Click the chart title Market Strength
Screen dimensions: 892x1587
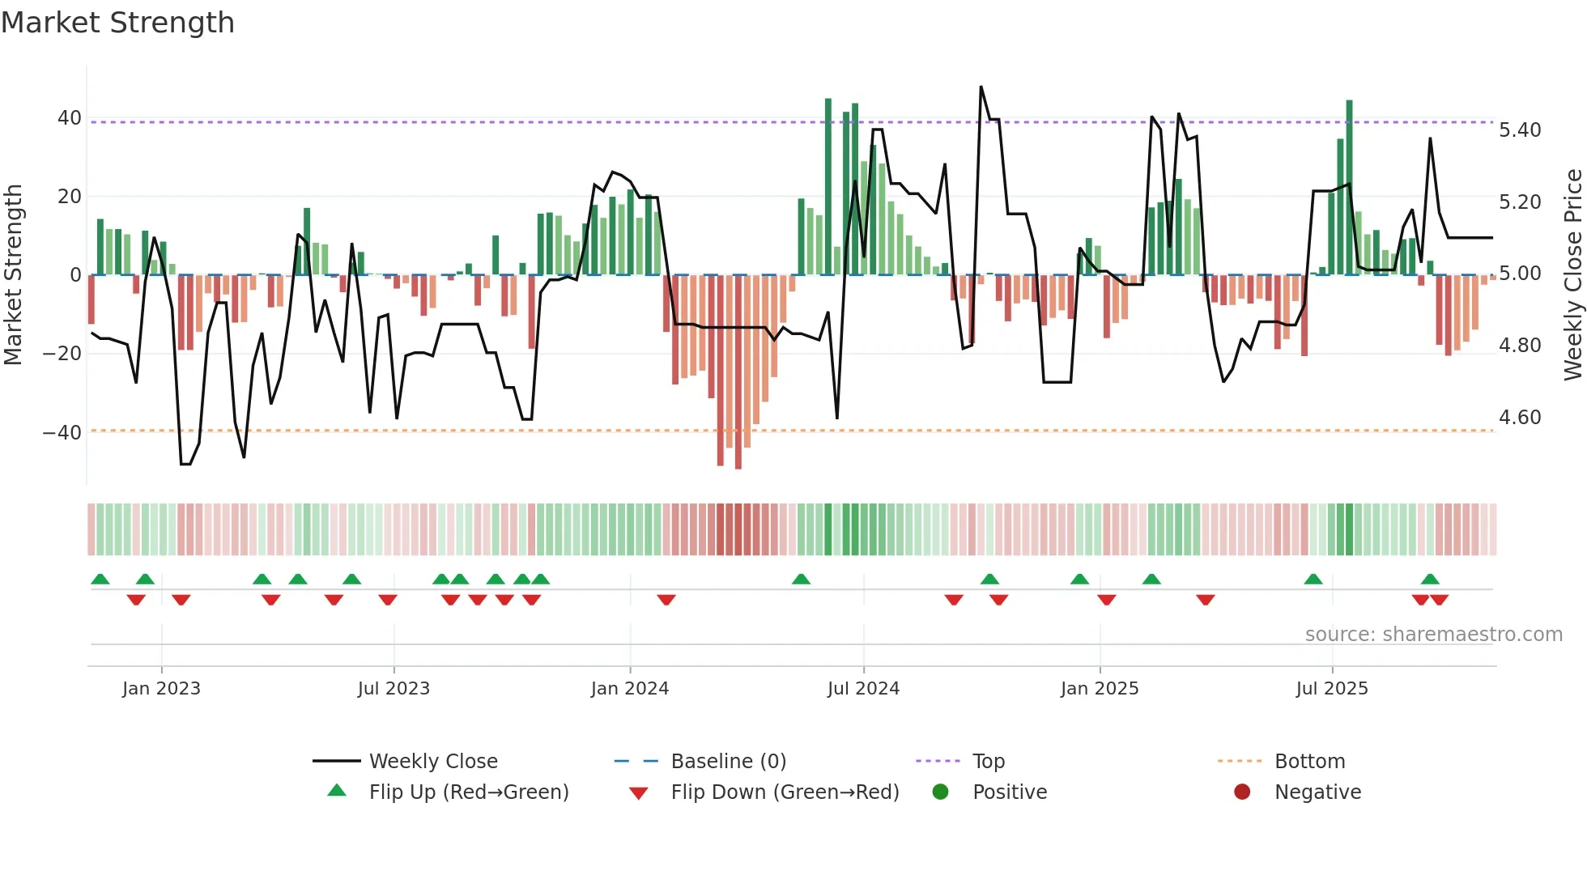[117, 23]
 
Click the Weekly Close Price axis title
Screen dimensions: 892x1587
[1572, 274]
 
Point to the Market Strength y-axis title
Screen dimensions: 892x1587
[13, 274]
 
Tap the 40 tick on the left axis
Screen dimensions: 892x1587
[69, 118]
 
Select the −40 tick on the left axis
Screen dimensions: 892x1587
[62, 432]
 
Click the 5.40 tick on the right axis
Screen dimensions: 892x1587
[1520, 130]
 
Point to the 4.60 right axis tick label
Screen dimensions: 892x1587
[1520, 418]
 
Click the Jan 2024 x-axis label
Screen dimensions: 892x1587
[629, 689]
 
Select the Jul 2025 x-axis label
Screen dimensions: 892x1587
[1331, 689]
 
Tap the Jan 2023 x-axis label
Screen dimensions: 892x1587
[161, 689]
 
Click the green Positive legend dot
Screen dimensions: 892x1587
[940, 792]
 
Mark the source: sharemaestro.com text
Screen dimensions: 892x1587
[1433, 635]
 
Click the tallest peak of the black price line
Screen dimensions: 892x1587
[981, 87]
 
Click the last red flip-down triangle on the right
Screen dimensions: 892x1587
[1439, 600]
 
